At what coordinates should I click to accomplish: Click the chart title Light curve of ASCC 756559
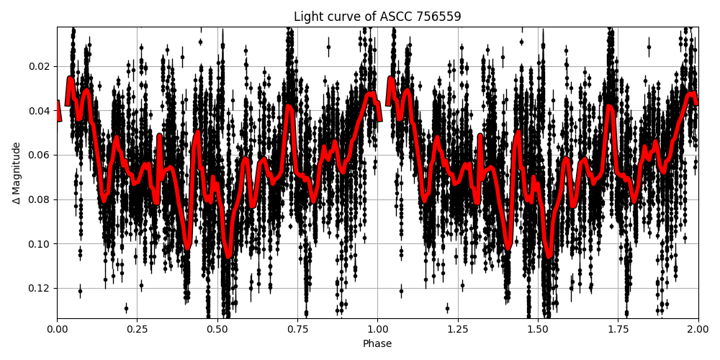point(377,17)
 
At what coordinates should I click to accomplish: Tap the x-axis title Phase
point(377,344)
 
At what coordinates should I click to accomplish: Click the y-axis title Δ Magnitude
point(17,173)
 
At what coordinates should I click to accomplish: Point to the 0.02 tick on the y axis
point(40,66)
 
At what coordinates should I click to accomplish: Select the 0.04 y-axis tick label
point(40,111)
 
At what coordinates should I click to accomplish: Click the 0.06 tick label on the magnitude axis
point(40,155)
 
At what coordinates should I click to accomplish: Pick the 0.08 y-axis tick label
point(40,199)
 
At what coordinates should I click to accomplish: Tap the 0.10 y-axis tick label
point(40,244)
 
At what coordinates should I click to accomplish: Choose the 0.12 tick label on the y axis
point(40,288)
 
